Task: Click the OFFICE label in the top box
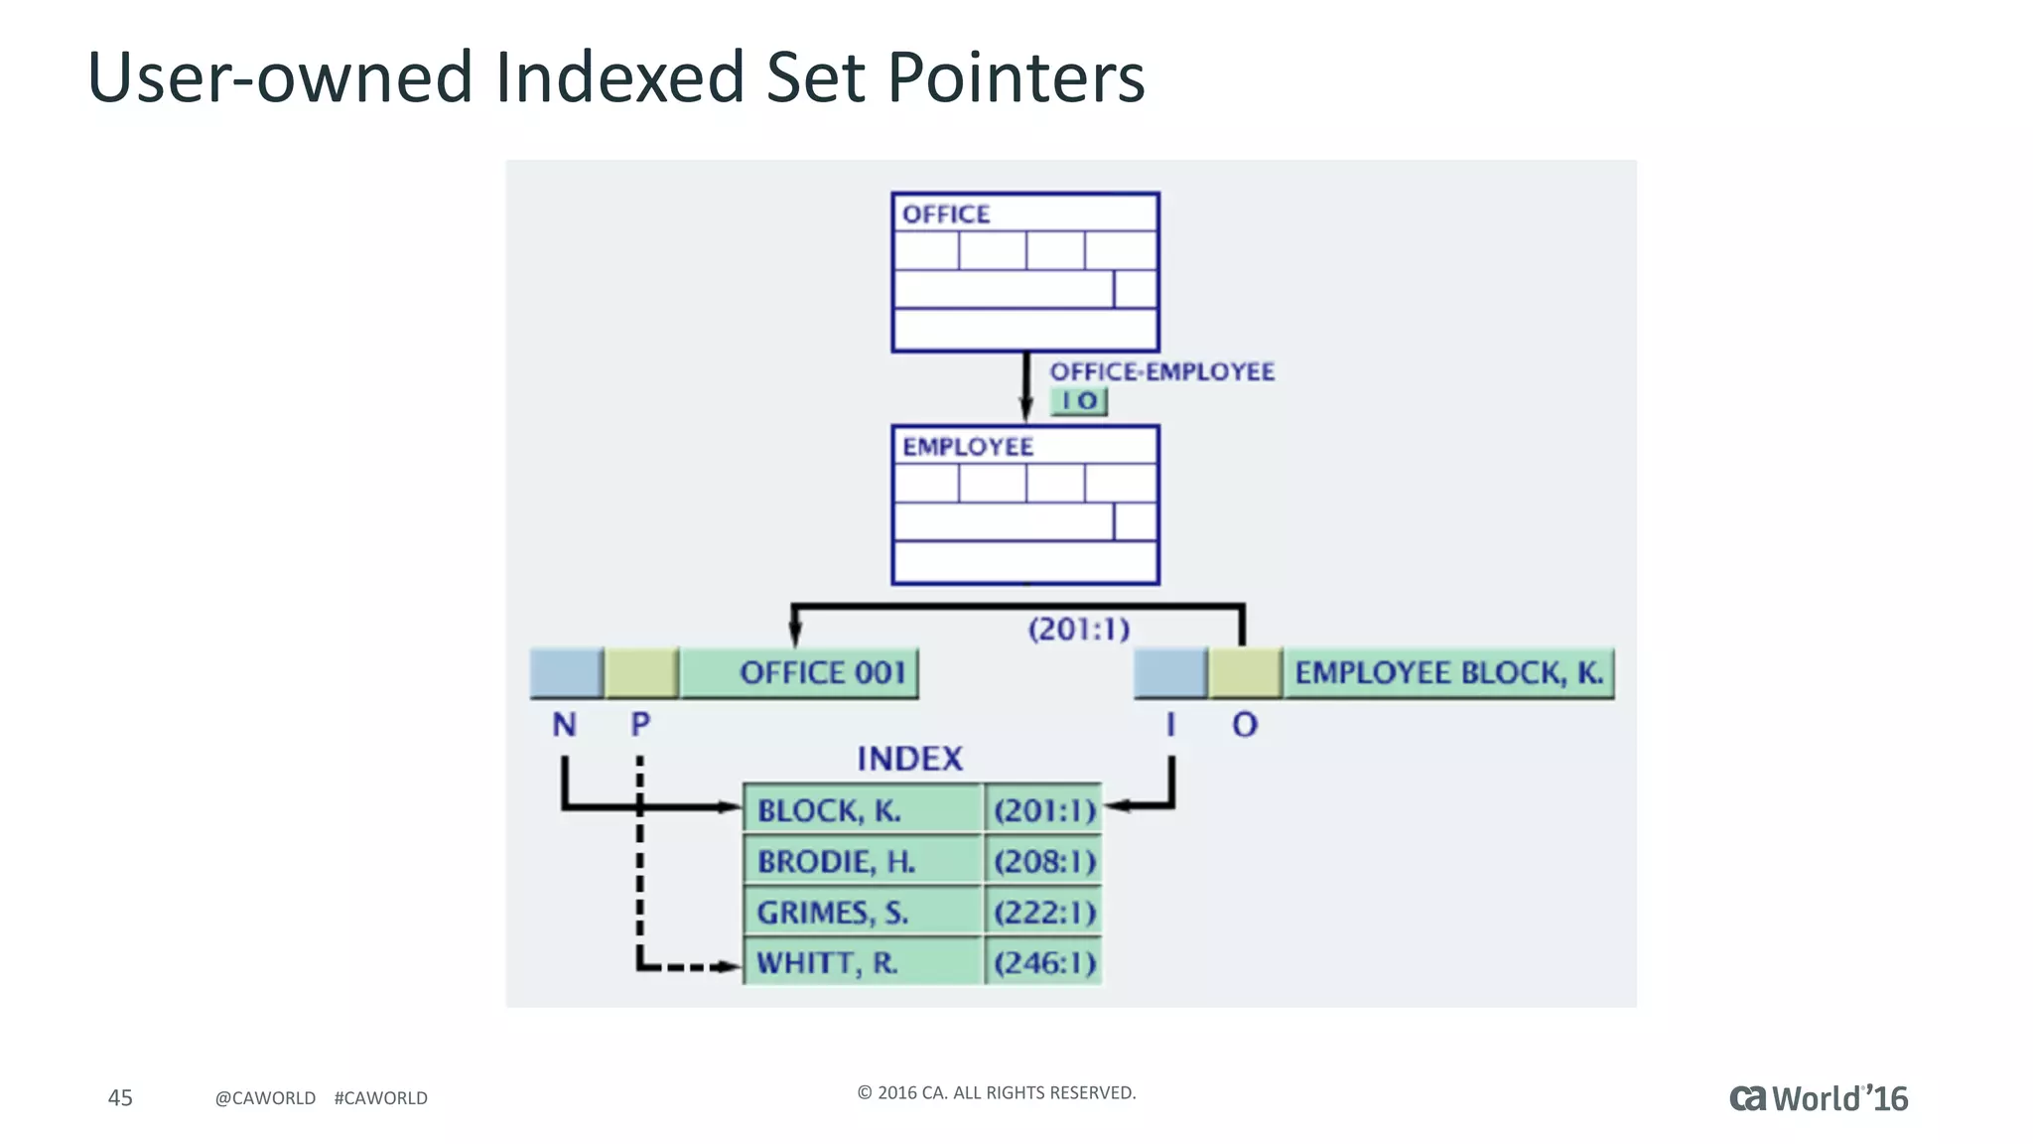[x=945, y=214]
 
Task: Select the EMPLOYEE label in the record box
[x=967, y=447]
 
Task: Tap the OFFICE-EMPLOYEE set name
[x=1161, y=371]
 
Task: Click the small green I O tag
[x=1079, y=401]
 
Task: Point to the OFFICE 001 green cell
[x=800, y=673]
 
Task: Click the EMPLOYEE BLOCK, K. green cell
[x=1448, y=673]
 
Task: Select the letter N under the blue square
[x=564, y=725]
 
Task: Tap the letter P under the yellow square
[x=640, y=725]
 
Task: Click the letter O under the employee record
[x=1245, y=725]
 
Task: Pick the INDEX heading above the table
[x=909, y=759]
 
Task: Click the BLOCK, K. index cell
[x=862, y=810]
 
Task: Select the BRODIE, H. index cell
[x=862, y=861]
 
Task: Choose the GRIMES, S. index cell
[x=862, y=912]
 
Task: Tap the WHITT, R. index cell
[x=862, y=962]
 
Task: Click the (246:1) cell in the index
[x=1044, y=962]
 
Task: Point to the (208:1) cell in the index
[x=1044, y=861]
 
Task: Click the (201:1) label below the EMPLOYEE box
[x=1078, y=629]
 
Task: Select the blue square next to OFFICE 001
[x=566, y=673]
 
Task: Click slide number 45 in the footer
[x=120, y=1097]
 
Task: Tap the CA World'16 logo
[x=1818, y=1098]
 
